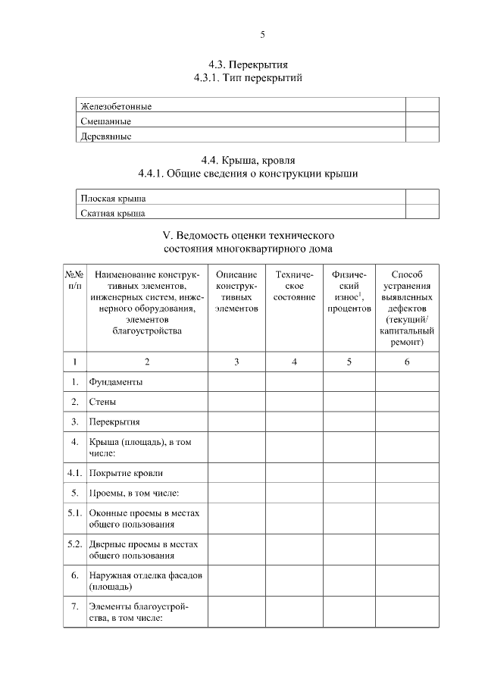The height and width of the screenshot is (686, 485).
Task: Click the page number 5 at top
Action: [x=262, y=35]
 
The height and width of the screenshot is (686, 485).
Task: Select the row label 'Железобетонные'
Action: [x=116, y=106]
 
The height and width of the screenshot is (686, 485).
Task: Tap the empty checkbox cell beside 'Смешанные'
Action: [x=421, y=121]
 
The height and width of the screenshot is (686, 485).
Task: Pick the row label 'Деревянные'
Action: [x=106, y=136]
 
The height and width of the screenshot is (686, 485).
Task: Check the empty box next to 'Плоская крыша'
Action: [x=421, y=198]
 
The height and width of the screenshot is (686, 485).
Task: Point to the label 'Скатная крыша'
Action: [x=113, y=213]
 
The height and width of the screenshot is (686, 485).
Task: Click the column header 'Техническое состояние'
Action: [x=294, y=286]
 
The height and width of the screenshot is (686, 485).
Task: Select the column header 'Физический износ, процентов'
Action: [x=349, y=292]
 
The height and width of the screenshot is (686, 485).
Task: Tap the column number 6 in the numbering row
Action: [x=406, y=362]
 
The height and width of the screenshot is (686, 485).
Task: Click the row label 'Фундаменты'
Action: [x=115, y=382]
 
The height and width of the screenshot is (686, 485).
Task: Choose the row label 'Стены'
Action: [x=102, y=402]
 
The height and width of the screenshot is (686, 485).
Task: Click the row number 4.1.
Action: [x=74, y=473]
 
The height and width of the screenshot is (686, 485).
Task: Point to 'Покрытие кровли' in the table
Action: [x=126, y=473]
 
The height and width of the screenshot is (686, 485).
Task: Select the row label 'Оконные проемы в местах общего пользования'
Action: [x=144, y=518]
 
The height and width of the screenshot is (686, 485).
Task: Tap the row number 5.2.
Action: [x=74, y=544]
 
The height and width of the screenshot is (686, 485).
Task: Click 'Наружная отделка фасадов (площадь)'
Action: [x=145, y=581]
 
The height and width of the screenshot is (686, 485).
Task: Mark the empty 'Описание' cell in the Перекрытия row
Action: [x=236, y=421]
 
